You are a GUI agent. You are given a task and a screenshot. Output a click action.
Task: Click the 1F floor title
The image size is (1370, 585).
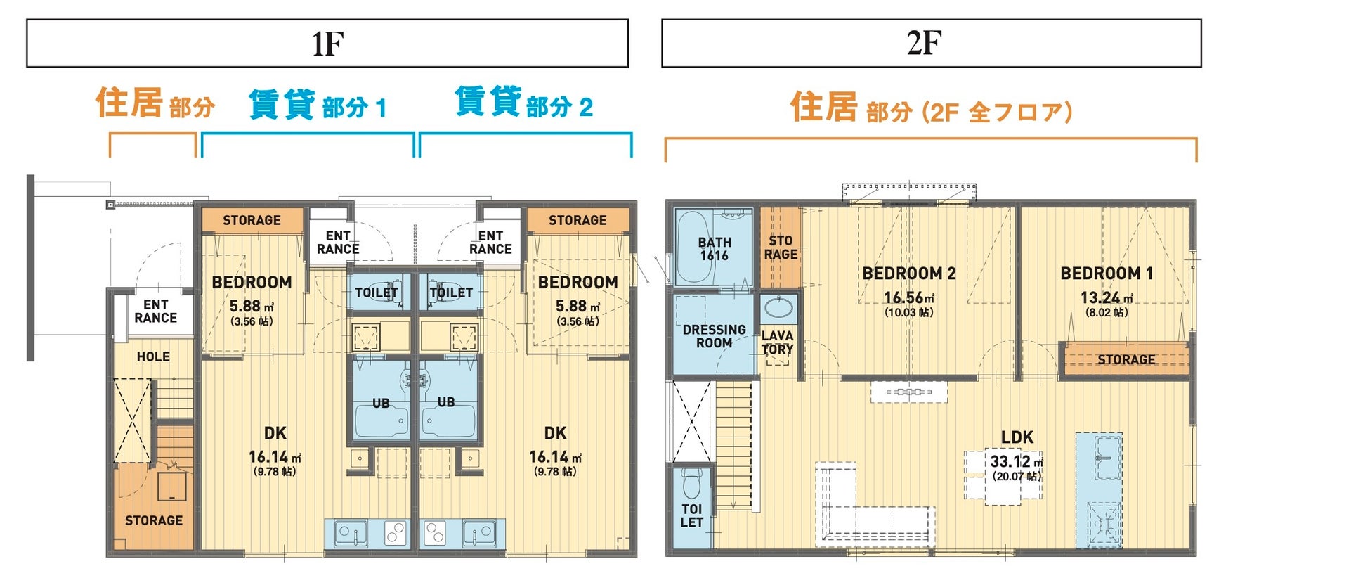pyautogui.click(x=327, y=44)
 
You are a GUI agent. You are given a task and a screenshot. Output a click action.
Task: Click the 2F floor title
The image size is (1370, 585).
pyautogui.click(x=924, y=43)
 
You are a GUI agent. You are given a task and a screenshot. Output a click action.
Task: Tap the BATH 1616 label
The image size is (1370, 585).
pyautogui.click(x=714, y=249)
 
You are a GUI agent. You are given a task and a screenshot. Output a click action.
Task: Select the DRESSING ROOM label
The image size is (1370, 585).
pyautogui.click(x=714, y=336)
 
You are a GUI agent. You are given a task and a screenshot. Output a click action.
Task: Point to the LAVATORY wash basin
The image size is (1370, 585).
pyautogui.click(x=778, y=307)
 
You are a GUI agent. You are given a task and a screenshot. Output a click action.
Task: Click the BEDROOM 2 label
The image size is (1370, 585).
pyautogui.click(x=909, y=274)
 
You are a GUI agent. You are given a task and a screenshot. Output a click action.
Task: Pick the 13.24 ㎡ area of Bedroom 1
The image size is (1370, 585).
pyautogui.click(x=1107, y=298)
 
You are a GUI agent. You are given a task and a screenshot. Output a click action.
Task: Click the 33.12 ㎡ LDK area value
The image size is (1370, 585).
pyautogui.click(x=1017, y=462)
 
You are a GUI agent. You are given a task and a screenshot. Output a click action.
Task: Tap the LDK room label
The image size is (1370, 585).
pyautogui.click(x=1017, y=437)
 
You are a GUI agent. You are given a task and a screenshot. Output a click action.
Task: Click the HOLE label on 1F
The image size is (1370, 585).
pyautogui.click(x=153, y=356)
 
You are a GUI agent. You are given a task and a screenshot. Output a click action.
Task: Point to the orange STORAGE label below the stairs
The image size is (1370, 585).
pyautogui.click(x=154, y=520)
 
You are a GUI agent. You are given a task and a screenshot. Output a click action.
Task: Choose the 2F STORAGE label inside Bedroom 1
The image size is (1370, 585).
pyautogui.click(x=1126, y=359)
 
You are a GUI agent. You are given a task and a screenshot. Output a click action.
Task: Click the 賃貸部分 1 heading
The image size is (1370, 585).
pyautogui.click(x=318, y=105)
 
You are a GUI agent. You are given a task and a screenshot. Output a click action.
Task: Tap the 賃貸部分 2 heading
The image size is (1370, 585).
pyautogui.click(x=524, y=103)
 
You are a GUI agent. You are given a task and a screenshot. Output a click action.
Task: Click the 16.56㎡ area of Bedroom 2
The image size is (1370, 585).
pyautogui.click(x=909, y=298)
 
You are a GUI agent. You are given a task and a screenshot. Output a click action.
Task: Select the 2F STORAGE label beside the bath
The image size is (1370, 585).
pyautogui.click(x=781, y=247)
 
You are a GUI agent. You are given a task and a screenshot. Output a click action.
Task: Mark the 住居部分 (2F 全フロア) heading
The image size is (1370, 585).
pyautogui.click(x=931, y=108)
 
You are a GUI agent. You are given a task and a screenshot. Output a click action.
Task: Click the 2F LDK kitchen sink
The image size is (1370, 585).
pyautogui.click(x=1099, y=457)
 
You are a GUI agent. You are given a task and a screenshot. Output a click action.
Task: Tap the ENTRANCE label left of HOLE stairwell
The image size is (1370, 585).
pyautogui.click(x=155, y=311)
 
